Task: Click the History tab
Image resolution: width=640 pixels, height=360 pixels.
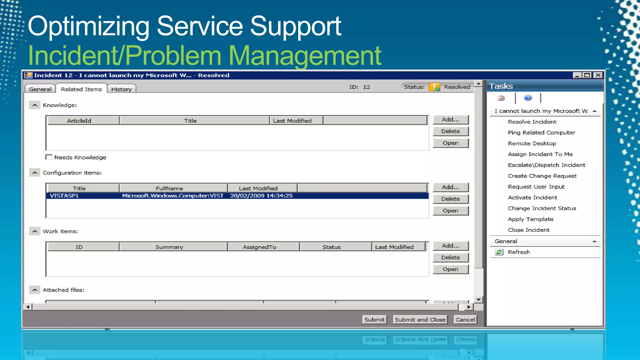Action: click(x=121, y=89)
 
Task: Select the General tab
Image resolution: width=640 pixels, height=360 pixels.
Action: click(x=40, y=89)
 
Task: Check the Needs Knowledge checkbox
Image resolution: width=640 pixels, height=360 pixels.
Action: click(x=49, y=157)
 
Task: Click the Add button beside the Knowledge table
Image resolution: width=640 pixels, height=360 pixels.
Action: click(x=450, y=120)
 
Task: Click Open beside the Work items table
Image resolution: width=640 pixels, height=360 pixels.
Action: click(x=450, y=269)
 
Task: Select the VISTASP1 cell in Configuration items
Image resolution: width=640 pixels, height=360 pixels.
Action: click(x=64, y=196)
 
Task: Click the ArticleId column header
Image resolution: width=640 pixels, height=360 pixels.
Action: click(x=79, y=121)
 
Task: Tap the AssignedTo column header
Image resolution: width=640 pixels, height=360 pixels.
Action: click(x=259, y=247)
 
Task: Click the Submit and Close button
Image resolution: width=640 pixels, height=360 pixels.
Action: click(x=420, y=319)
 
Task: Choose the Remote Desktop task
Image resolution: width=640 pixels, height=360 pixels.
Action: click(x=532, y=143)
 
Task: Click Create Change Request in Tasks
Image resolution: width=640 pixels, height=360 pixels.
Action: click(x=542, y=176)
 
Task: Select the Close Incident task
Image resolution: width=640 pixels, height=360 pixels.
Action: click(x=528, y=230)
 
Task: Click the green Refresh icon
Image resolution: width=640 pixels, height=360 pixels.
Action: click(x=499, y=252)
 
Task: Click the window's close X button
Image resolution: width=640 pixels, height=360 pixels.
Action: click(x=598, y=75)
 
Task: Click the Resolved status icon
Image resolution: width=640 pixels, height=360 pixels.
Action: click(x=434, y=87)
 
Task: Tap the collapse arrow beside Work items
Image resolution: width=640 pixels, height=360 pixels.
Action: click(x=35, y=231)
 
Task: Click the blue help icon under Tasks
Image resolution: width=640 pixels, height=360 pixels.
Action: click(x=528, y=98)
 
